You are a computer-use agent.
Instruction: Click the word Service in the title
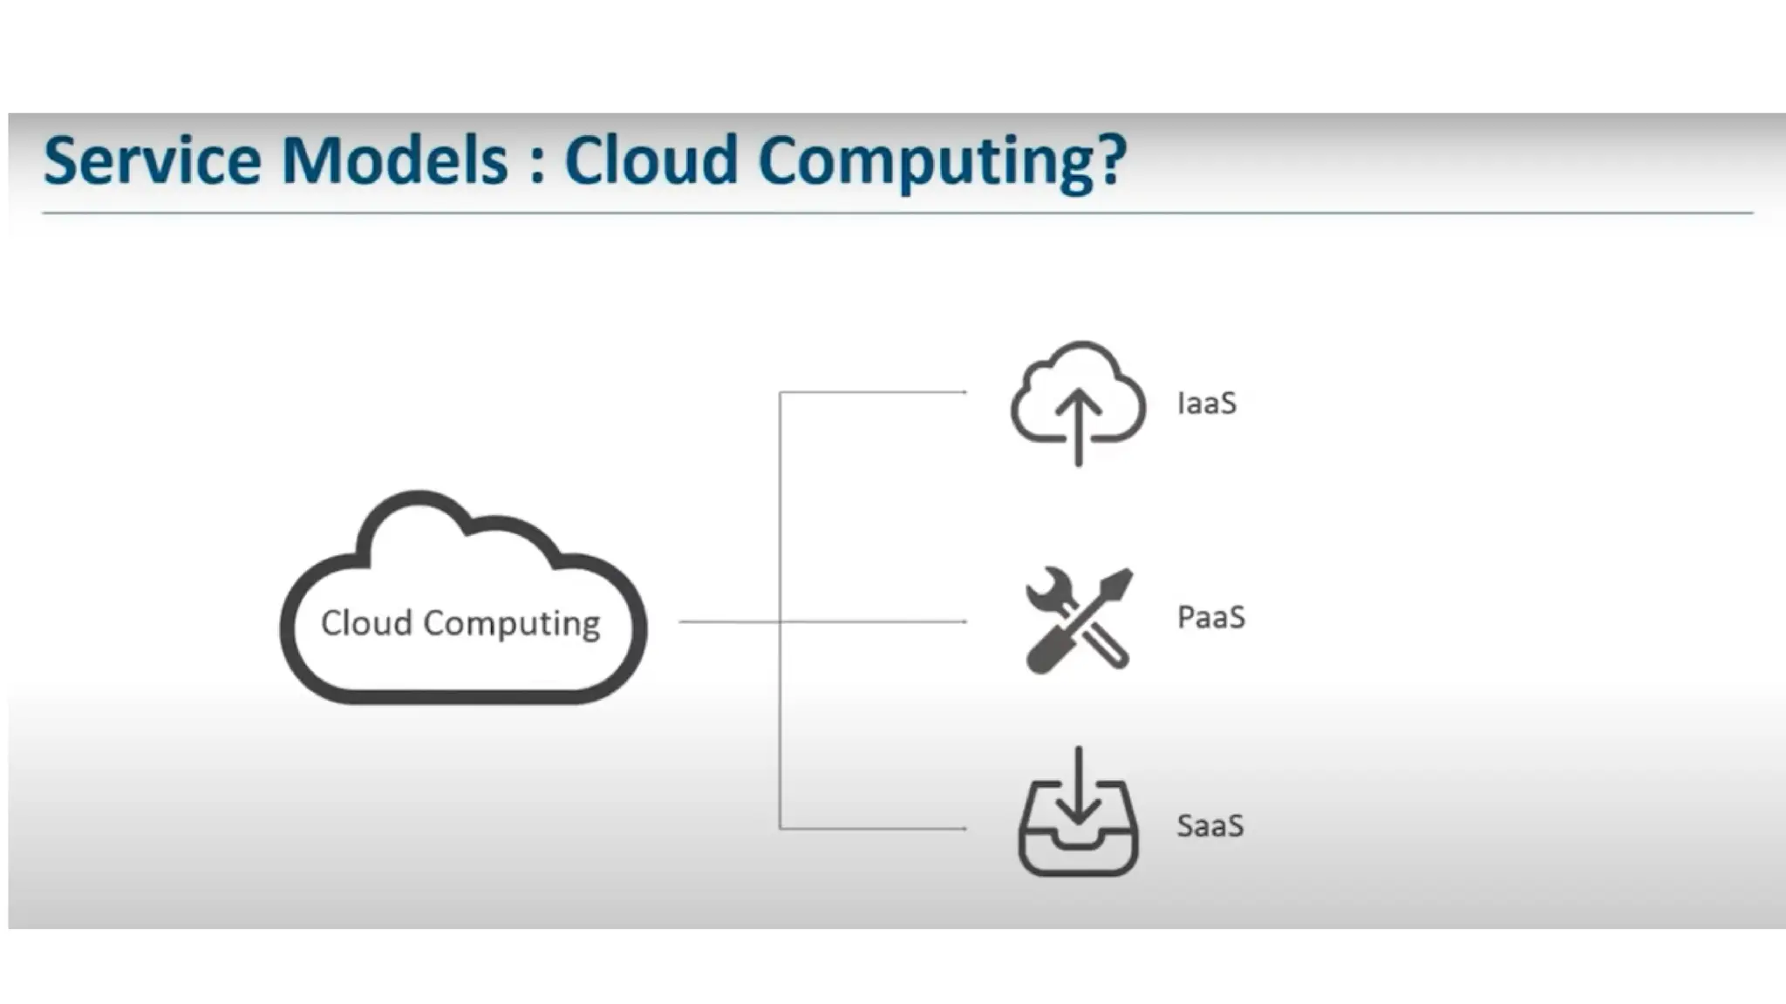tap(152, 161)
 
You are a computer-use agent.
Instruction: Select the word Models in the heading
tap(395, 161)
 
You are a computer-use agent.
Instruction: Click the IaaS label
tap(1206, 404)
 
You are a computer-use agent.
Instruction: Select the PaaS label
tap(1210, 617)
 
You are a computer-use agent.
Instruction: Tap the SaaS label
tap(1210, 825)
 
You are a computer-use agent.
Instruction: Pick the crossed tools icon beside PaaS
tap(1079, 620)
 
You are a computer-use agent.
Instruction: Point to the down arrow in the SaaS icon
tap(1079, 789)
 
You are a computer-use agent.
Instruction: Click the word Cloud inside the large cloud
tap(366, 623)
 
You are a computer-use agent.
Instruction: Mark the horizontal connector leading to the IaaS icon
tap(872, 392)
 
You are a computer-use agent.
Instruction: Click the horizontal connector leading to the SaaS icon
tap(872, 828)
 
